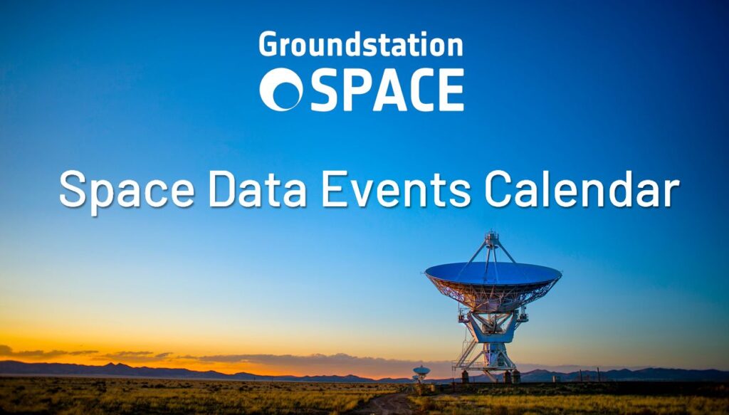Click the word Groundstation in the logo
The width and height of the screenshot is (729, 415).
tap(361, 45)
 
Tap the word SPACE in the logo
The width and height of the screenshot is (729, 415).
tap(387, 90)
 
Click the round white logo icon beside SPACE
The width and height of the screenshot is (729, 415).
tap(280, 90)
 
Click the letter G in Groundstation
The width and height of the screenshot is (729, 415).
tap(268, 45)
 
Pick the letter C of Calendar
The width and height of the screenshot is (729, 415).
tap(500, 190)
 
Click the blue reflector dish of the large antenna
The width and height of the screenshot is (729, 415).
tap(493, 273)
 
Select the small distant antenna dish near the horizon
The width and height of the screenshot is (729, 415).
tap(421, 370)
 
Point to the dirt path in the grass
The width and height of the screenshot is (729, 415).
tap(384, 404)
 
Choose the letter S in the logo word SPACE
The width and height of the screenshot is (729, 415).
tap(325, 90)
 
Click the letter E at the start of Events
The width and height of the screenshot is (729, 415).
tap(334, 190)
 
